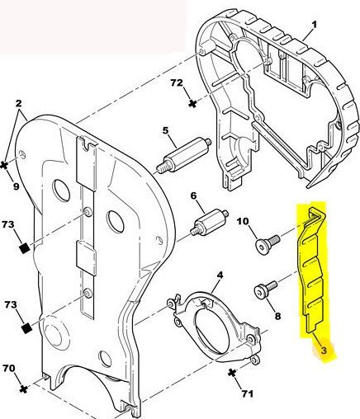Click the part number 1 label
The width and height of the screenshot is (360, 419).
314,25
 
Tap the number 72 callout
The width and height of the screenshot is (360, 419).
177,82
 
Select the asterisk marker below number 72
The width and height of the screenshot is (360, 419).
193,104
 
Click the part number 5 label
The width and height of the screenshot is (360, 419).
165,130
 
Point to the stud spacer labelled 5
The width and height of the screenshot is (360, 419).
183,156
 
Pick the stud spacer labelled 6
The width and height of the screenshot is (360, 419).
209,221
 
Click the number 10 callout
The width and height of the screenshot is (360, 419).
243,221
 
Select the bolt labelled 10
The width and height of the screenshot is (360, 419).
268,245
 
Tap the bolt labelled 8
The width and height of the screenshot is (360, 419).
265,290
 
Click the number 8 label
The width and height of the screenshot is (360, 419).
277,316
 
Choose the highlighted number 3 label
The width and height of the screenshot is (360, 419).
324,351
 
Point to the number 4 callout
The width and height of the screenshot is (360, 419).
220,275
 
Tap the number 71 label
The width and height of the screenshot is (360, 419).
247,393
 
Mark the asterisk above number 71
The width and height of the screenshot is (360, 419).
233,373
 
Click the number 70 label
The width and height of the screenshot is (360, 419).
9,368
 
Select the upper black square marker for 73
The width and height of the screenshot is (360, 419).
25,248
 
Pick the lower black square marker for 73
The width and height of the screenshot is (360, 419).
26,328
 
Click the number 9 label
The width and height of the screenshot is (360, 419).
16,186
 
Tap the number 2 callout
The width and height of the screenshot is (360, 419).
18,103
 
